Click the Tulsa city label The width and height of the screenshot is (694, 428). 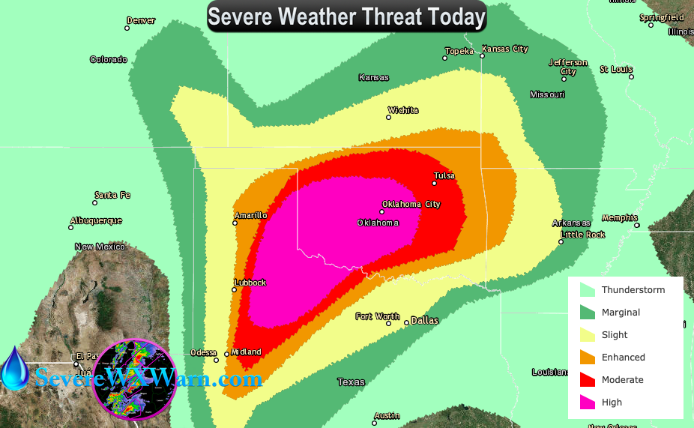tap(444, 176)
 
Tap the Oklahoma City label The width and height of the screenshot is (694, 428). tap(411, 204)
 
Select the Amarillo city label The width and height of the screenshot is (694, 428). tap(250, 215)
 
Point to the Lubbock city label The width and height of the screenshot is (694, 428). tap(250, 283)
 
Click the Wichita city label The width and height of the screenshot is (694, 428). tap(402, 110)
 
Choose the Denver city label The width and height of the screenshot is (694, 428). tap(141, 20)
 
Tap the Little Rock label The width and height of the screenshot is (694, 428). tap(584, 234)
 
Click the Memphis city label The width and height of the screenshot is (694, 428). tap(619, 217)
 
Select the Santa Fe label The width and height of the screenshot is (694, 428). tap(112, 195)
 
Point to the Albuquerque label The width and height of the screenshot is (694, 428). tap(95, 220)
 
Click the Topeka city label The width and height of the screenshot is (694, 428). tap(459, 51)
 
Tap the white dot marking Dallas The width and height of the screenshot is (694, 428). tap(407, 322)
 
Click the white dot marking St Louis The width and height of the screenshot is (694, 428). tap(631, 76)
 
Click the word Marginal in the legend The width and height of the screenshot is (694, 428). tap(621, 313)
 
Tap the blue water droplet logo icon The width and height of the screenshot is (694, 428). tap(14, 369)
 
